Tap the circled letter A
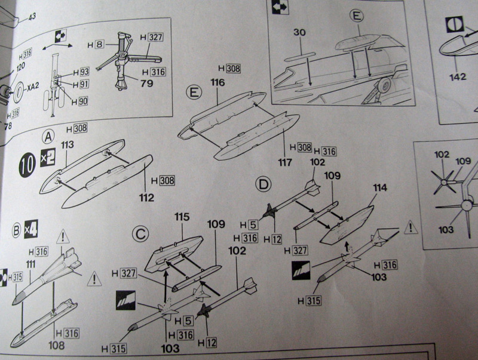pyautogui.click(x=48, y=137)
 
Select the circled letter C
pyautogui.click(x=140, y=233)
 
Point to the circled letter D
pyautogui.click(x=263, y=183)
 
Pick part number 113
pyautogui.click(x=66, y=144)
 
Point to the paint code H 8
pyautogui.click(x=96, y=45)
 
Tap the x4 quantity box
pyautogui.click(x=30, y=230)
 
